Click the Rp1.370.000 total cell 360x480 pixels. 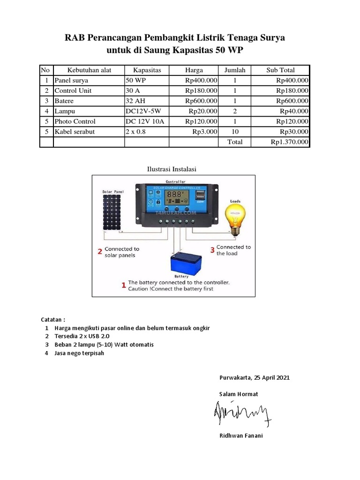click(289, 142)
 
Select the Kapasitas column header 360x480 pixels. click(147, 70)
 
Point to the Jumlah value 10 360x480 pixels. click(235, 132)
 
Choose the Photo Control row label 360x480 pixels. click(75, 121)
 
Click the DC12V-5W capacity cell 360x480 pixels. click(144, 111)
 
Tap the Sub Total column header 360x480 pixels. click(280, 70)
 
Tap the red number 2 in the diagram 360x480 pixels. click(100, 252)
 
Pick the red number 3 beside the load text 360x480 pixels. click(212, 250)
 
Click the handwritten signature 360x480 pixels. click(242, 413)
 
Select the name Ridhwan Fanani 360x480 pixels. click(241, 436)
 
